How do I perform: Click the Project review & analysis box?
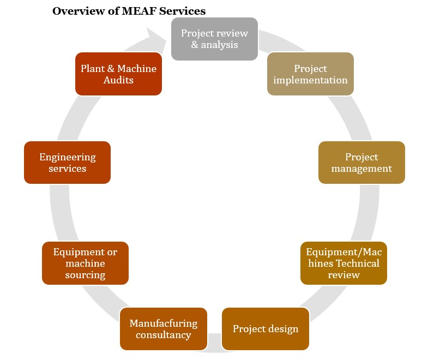pos(214,39)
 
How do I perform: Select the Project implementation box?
pos(310,74)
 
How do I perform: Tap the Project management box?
pos(361,163)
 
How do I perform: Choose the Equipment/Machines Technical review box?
pos(343,263)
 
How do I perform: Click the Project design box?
pos(266,329)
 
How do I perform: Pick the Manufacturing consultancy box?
pos(163,329)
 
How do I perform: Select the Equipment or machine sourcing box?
pos(85,263)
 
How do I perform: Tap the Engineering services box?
pos(67,163)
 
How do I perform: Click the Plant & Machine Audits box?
pos(118,74)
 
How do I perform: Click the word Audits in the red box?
pos(118,80)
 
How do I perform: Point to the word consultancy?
pos(163,335)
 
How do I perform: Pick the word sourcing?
pos(85,275)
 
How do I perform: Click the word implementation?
pos(310,80)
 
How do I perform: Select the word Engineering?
pos(67,157)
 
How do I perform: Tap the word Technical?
pos(358,263)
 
